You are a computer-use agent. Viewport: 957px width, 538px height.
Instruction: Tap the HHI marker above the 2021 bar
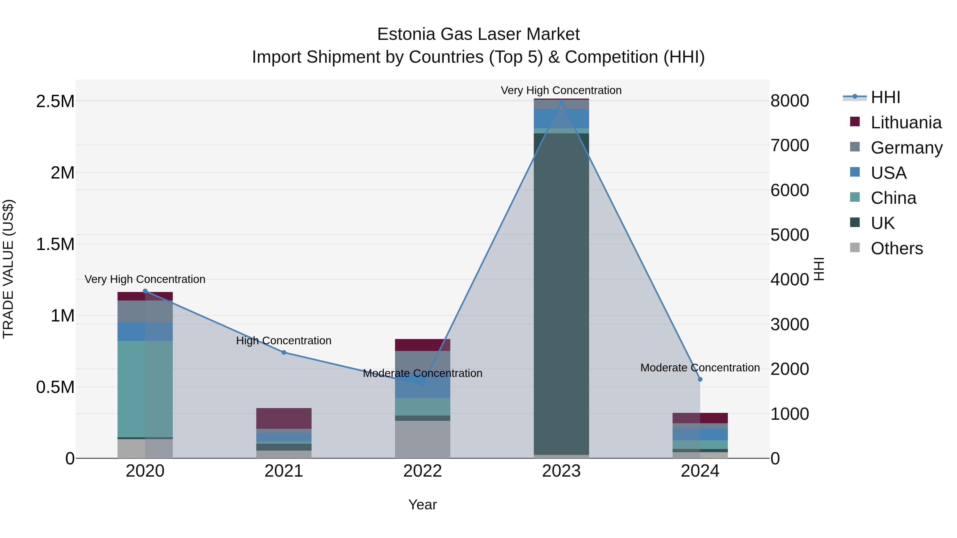[284, 352]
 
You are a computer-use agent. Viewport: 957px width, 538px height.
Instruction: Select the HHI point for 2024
[700, 379]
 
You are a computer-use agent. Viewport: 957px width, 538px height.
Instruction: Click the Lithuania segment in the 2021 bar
[284, 418]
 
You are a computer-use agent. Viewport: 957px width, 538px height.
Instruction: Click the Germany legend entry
[906, 148]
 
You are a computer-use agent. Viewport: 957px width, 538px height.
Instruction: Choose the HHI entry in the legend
[885, 97]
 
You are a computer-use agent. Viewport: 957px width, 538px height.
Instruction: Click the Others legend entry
[896, 248]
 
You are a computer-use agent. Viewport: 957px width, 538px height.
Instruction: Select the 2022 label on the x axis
[422, 471]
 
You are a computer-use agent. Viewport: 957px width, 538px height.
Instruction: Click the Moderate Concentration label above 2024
[700, 368]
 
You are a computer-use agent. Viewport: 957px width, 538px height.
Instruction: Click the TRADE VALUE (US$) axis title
[8, 269]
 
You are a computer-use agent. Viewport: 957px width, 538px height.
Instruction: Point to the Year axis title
[422, 505]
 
